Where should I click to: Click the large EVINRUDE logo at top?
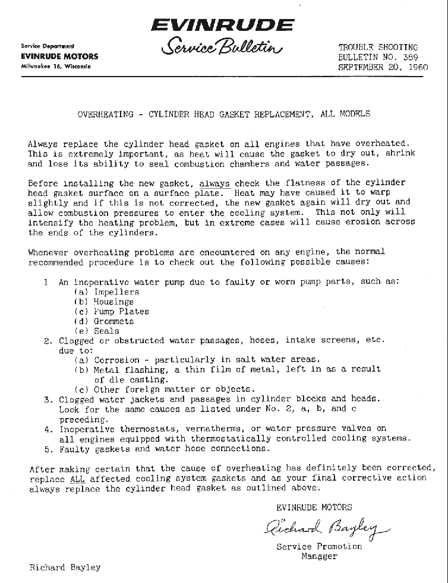[222, 25]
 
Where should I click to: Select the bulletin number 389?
[409, 57]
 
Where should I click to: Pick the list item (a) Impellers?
[107, 291]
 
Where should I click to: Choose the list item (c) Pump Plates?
[111, 311]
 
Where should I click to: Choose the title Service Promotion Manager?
[319, 552]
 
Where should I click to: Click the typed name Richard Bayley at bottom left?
[65, 567]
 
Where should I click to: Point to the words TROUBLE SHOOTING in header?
[378, 47]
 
